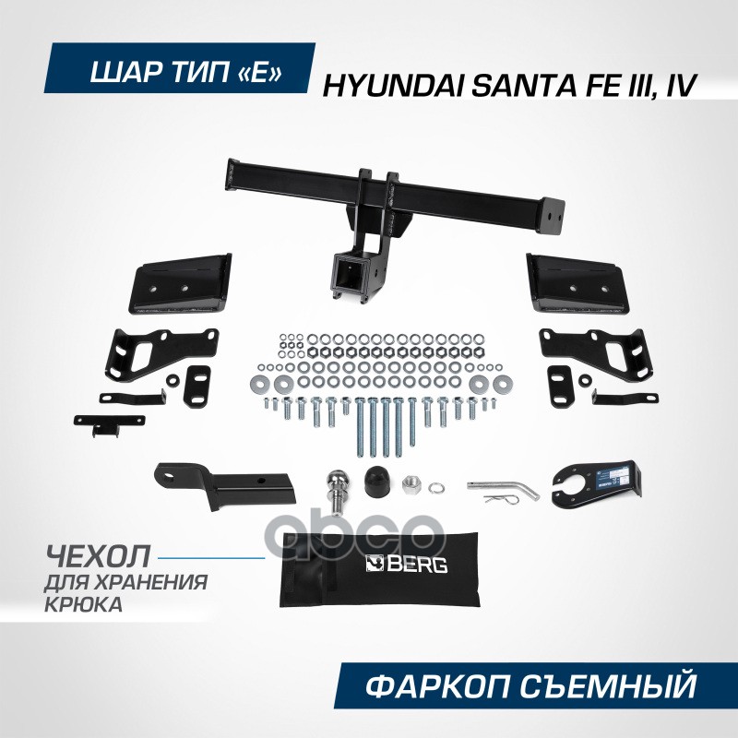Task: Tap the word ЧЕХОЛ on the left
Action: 96,559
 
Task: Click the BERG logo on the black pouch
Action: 407,564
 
